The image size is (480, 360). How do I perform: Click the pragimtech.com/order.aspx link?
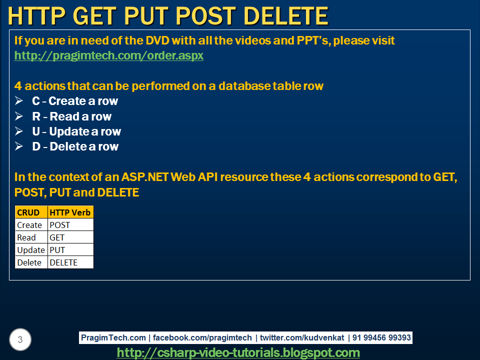(x=109, y=55)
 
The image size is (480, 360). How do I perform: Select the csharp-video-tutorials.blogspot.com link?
(x=238, y=352)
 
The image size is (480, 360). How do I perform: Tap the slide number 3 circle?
(x=20, y=340)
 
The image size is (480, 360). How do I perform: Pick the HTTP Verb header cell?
(x=70, y=212)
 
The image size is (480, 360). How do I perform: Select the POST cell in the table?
(x=70, y=225)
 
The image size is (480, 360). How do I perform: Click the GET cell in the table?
(x=70, y=237)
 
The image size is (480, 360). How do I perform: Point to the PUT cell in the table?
(x=70, y=250)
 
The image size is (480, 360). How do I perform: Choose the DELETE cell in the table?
(x=70, y=262)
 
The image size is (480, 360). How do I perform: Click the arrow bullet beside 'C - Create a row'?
(x=19, y=101)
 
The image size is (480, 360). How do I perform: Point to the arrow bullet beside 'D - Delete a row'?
(x=19, y=146)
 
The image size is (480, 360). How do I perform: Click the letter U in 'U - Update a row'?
(x=36, y=131)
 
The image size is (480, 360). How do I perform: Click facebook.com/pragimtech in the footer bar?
(x=202, y=338)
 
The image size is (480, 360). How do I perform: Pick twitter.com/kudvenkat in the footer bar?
(x=301, y=338)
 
